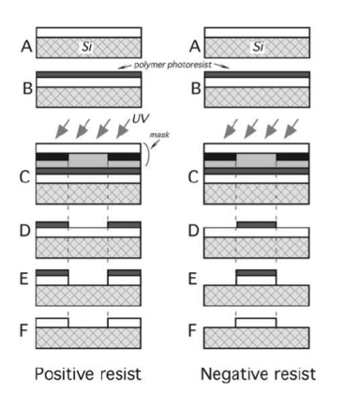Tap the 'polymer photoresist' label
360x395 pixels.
(173, 68)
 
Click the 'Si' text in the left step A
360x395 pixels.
(87, 45)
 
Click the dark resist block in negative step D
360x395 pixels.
(256, 224)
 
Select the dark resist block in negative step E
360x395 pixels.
(256, 272)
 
